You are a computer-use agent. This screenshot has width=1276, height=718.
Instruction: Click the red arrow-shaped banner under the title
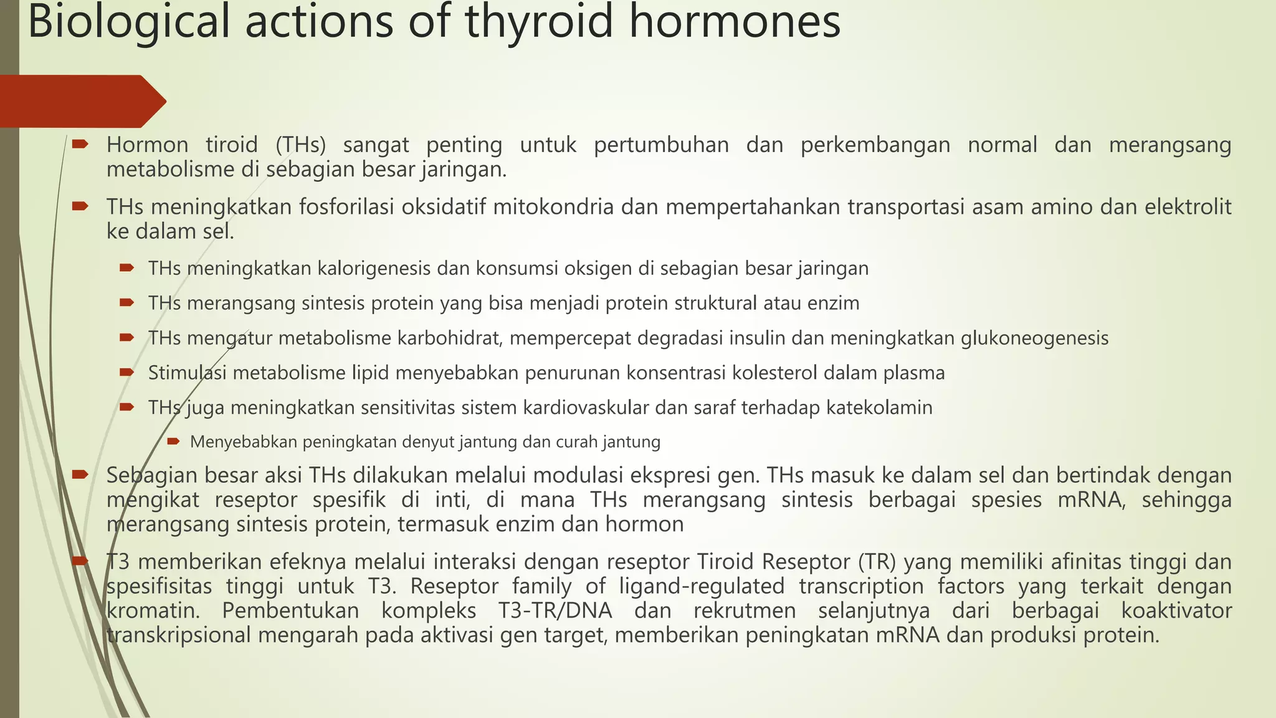pyautogui.click(x=81, y=101)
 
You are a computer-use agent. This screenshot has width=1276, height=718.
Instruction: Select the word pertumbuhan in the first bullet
pyautogui.click(x=661, y=145)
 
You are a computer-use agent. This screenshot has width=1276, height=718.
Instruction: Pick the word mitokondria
pyautogui.click(x=553, y=207)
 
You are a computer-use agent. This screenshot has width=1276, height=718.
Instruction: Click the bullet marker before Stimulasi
pyautogui.click(x=127, y=373)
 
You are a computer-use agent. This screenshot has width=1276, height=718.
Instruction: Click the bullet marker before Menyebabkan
pyautogui.click(x=174, y=442)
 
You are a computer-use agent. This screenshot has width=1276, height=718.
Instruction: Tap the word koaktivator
pyautogui.click(x=1176, y=611)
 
